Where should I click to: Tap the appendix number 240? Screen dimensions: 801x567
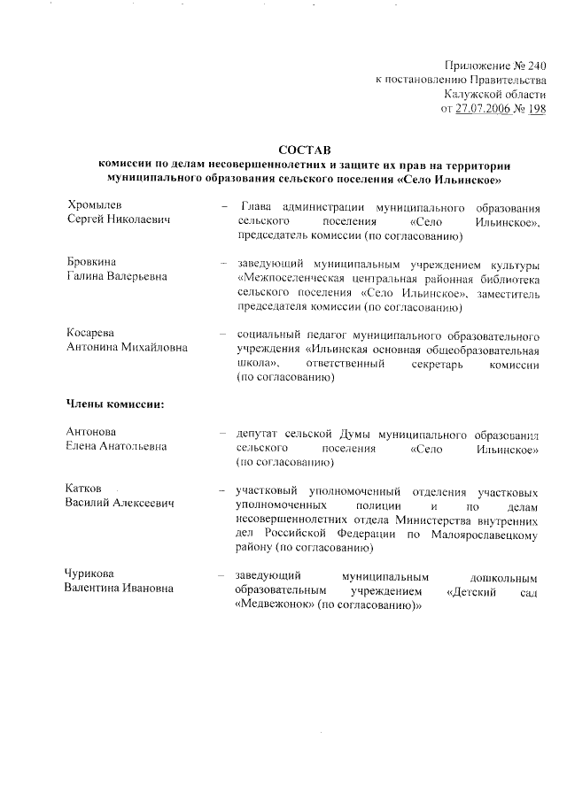(x=534, y=66)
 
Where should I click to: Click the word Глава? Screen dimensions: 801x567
(x=259, y=205)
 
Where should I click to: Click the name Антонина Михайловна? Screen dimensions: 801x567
(x=128, y=348)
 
